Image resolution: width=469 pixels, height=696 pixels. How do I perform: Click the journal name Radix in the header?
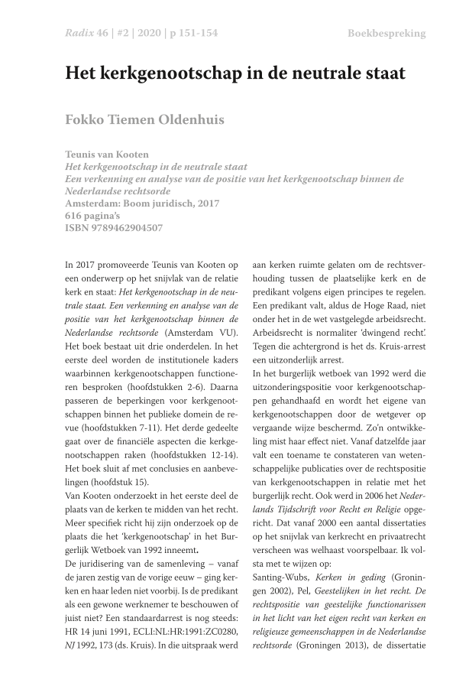79,34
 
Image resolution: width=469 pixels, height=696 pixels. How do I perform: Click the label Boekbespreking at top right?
387,34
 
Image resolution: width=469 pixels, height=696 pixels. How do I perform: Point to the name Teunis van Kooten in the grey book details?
110,154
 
